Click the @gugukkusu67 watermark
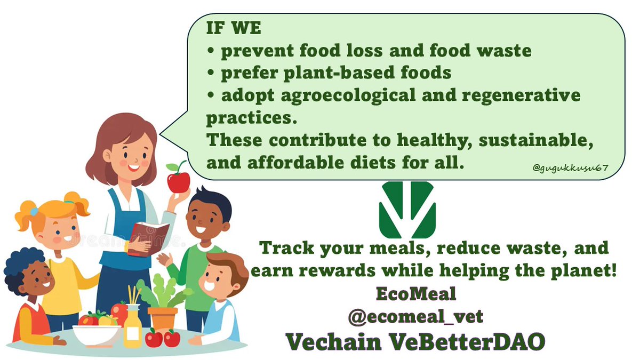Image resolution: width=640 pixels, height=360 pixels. click(570, 169)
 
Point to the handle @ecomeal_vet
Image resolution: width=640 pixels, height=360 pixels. click(415, 317)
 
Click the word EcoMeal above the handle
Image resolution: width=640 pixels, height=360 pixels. click(415, 295)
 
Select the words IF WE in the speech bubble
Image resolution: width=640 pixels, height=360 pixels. click(234, 28)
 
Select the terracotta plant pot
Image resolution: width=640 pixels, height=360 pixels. click(163, 318)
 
